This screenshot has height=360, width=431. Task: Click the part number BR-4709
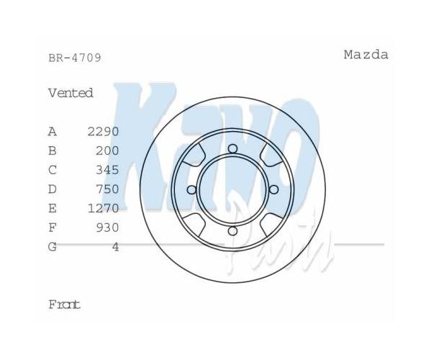pos(75,58)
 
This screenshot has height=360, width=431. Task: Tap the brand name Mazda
pos(366,55)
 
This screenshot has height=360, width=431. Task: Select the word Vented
pos(71,93)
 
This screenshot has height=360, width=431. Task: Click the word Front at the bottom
pos(64,305)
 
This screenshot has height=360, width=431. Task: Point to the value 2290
pos(104,132)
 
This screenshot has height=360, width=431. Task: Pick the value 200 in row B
pos(107,150)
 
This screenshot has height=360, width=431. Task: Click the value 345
pos(107,170)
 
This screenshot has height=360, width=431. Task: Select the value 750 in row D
pos(107,189)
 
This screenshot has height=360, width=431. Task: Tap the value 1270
pos(104,209)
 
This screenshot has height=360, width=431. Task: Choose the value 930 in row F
pos(107,228)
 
